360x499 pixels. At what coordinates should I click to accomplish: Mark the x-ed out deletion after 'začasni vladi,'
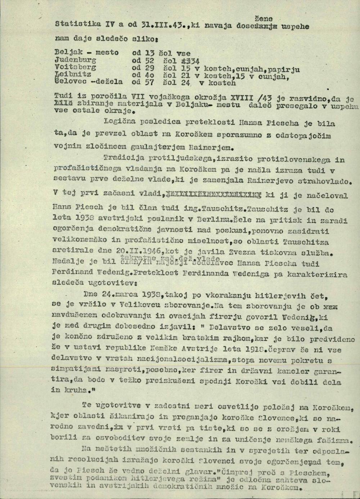pyautogui.click(x=213, y=196)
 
